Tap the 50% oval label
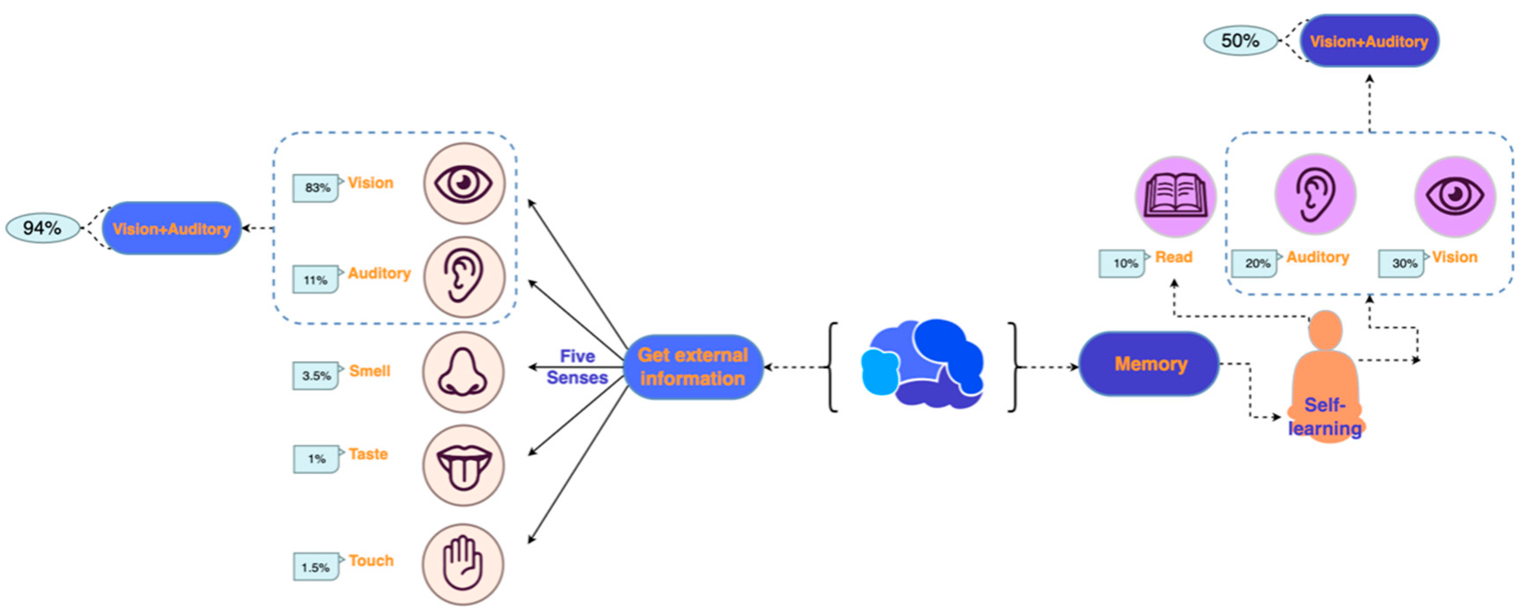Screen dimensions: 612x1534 [x=1240, y=40]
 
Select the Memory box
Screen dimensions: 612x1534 [x=1149, y=364]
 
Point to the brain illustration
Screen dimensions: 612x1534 [x=922, y=364]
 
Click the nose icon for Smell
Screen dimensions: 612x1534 [x=463, y=373]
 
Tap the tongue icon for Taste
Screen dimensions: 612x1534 [x=463, y=465]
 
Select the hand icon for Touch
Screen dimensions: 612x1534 [x=463, y=564]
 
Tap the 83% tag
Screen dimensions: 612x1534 [x=316, y=187]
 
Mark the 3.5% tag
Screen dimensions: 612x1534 [x=316, y=376]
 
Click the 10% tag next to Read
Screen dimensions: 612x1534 [x=1122, y=263]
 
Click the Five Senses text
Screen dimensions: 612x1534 [x=577, y=367]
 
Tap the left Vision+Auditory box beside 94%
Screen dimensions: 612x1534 [x=172, y=229]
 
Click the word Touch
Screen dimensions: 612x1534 [x=371, y=560]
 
